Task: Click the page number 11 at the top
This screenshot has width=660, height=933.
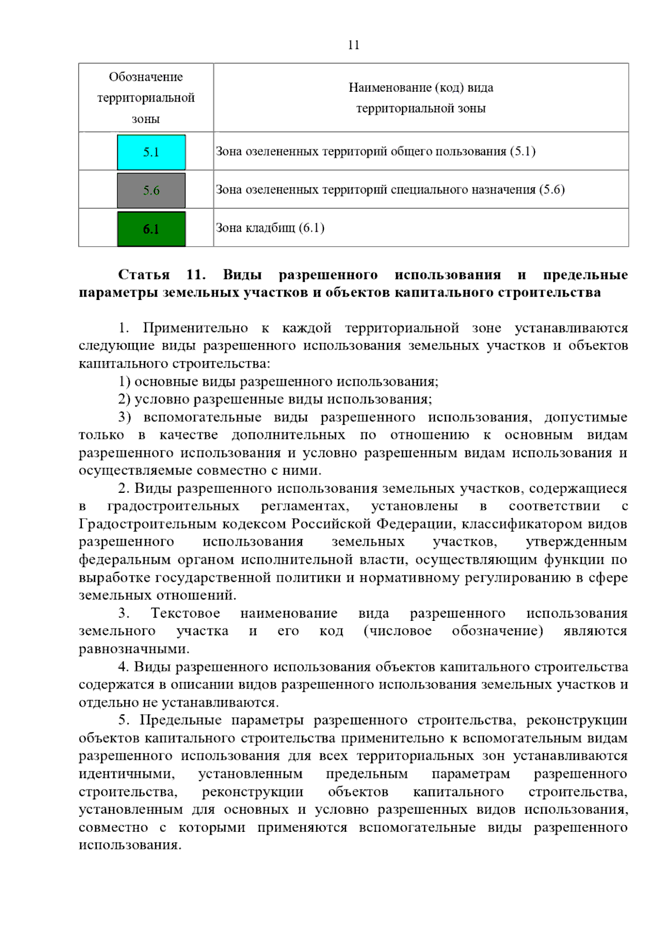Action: [354, 45]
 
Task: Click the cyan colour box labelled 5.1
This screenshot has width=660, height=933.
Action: [151, 152]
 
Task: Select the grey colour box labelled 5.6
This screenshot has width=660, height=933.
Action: [151, 190]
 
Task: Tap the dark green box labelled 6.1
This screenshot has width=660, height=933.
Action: [151, 229]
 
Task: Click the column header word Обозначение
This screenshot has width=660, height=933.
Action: [146, 77]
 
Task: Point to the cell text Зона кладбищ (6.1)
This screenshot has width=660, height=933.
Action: [269, 228]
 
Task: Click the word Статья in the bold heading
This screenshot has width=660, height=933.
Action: [144, 275]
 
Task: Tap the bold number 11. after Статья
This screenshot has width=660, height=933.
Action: [196, 275]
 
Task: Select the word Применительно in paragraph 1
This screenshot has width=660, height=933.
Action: [195, 329]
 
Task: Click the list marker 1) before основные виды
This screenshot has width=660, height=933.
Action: [124, 382]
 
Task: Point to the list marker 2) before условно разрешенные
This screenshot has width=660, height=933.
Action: [124, 399]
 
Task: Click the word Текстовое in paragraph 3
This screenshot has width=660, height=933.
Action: [185, 613]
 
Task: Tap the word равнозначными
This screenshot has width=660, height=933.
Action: [134, 649]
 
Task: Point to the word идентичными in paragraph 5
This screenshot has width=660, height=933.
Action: [127, 774]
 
